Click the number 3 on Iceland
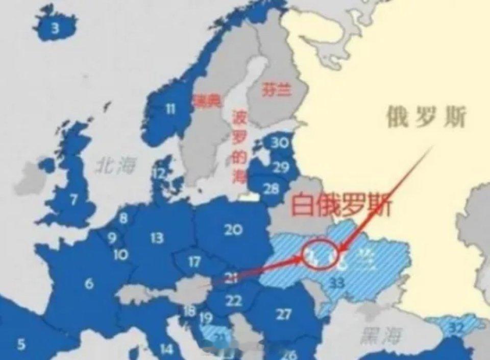[x=55, y=29]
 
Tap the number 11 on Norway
[x=170, y=108]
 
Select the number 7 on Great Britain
[x=74, y=198]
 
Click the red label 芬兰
[x=277, y=90]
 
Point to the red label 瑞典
[x=207, y=102]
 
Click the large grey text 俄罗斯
[x=426, y=118]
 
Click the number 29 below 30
[x=280, y=166]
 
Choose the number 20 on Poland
[x=233, y=230]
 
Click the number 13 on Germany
[x=157, y=237]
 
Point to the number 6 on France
[x=89, y=283]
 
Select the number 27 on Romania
[x=284, y=314]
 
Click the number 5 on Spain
[x=21, y=344]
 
